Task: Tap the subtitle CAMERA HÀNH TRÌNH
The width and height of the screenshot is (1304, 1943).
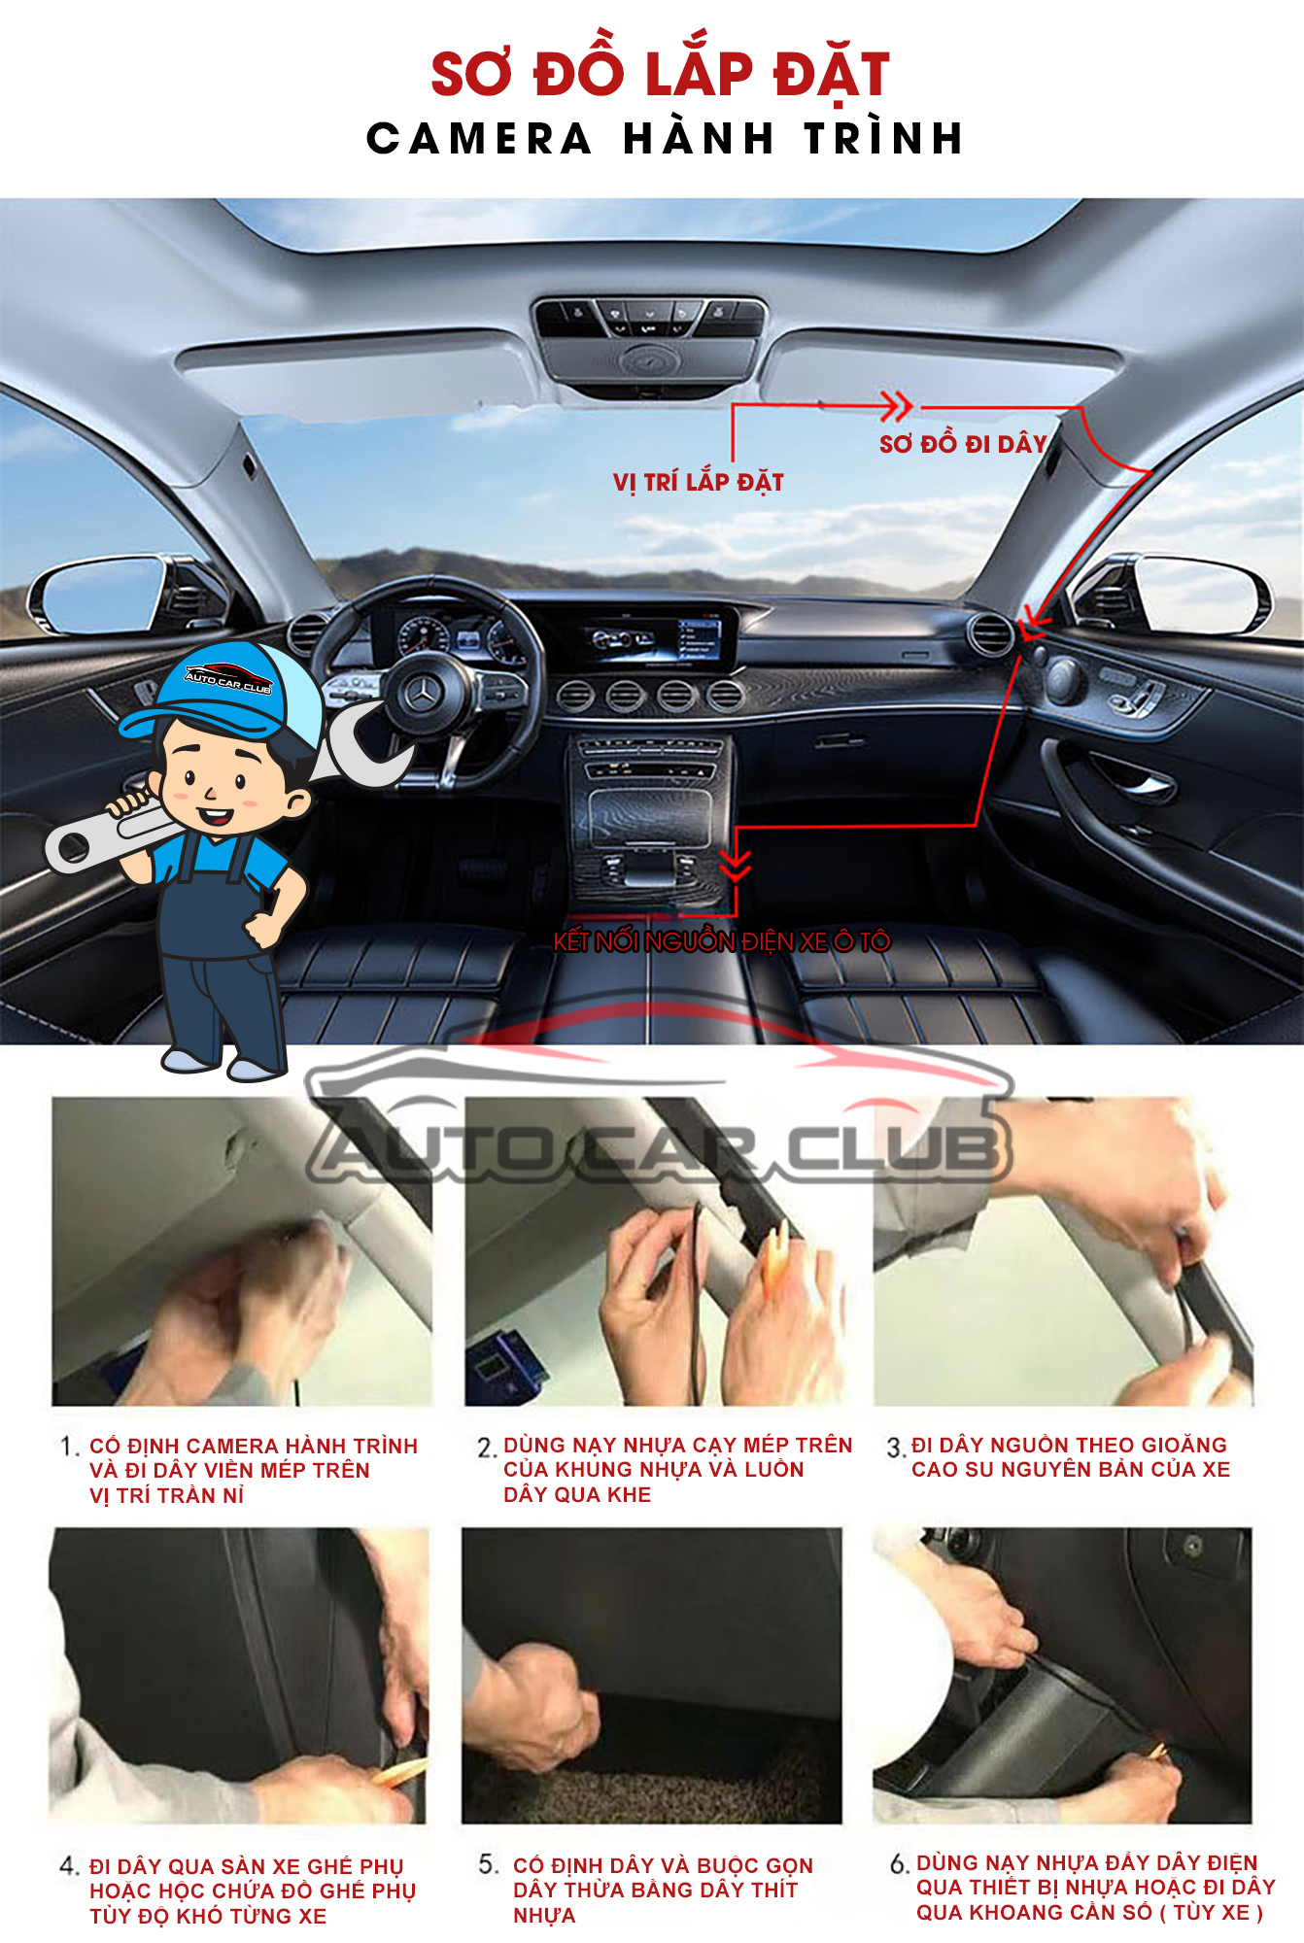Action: (x=665, y=138)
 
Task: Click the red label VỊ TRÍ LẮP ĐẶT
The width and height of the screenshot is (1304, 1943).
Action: (x=698, y=482)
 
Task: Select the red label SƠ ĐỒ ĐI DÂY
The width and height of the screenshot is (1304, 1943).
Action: (x=963, y=443)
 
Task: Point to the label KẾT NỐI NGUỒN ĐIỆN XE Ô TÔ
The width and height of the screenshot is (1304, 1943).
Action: (x=721, y=940)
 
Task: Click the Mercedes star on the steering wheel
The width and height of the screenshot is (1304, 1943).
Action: (x=424, y=693)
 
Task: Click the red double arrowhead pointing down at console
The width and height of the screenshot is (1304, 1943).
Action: (x=736, y=863)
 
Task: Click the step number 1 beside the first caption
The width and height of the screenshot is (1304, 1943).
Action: (x=68, y=1447)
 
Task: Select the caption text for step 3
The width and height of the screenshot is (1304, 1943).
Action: (x=1071, y=1457)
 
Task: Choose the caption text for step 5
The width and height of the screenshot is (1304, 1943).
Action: (x=663, y=1890)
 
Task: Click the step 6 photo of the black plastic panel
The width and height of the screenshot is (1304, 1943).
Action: (x=1062, y=1675)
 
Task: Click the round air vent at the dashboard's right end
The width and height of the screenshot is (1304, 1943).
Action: (x=990, y=635)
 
